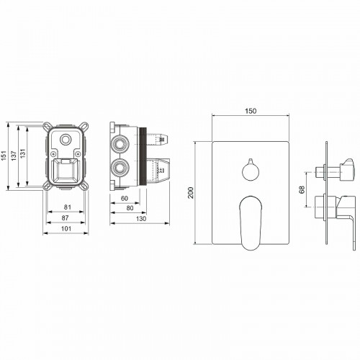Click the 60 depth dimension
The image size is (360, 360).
tap(123, 198)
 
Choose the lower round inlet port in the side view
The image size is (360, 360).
tap(120, 170)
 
